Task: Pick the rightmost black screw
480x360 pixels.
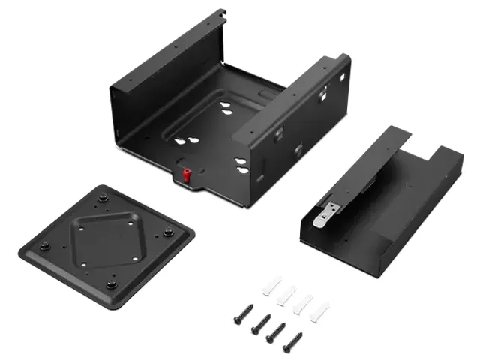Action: click(x=292, y=342)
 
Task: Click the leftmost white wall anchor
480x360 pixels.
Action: click(x=271, y=286)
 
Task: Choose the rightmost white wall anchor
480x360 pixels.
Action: click(x=319, y=310)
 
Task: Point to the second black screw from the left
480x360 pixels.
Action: click(x=261, y=323)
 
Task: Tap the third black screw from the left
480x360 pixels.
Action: click(x=276, y=332)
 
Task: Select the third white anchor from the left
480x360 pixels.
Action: click(x=303, y=303)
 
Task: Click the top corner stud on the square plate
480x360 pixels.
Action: click(x=103, y=198)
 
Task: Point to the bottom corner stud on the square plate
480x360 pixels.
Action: click(x=112, y=283)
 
